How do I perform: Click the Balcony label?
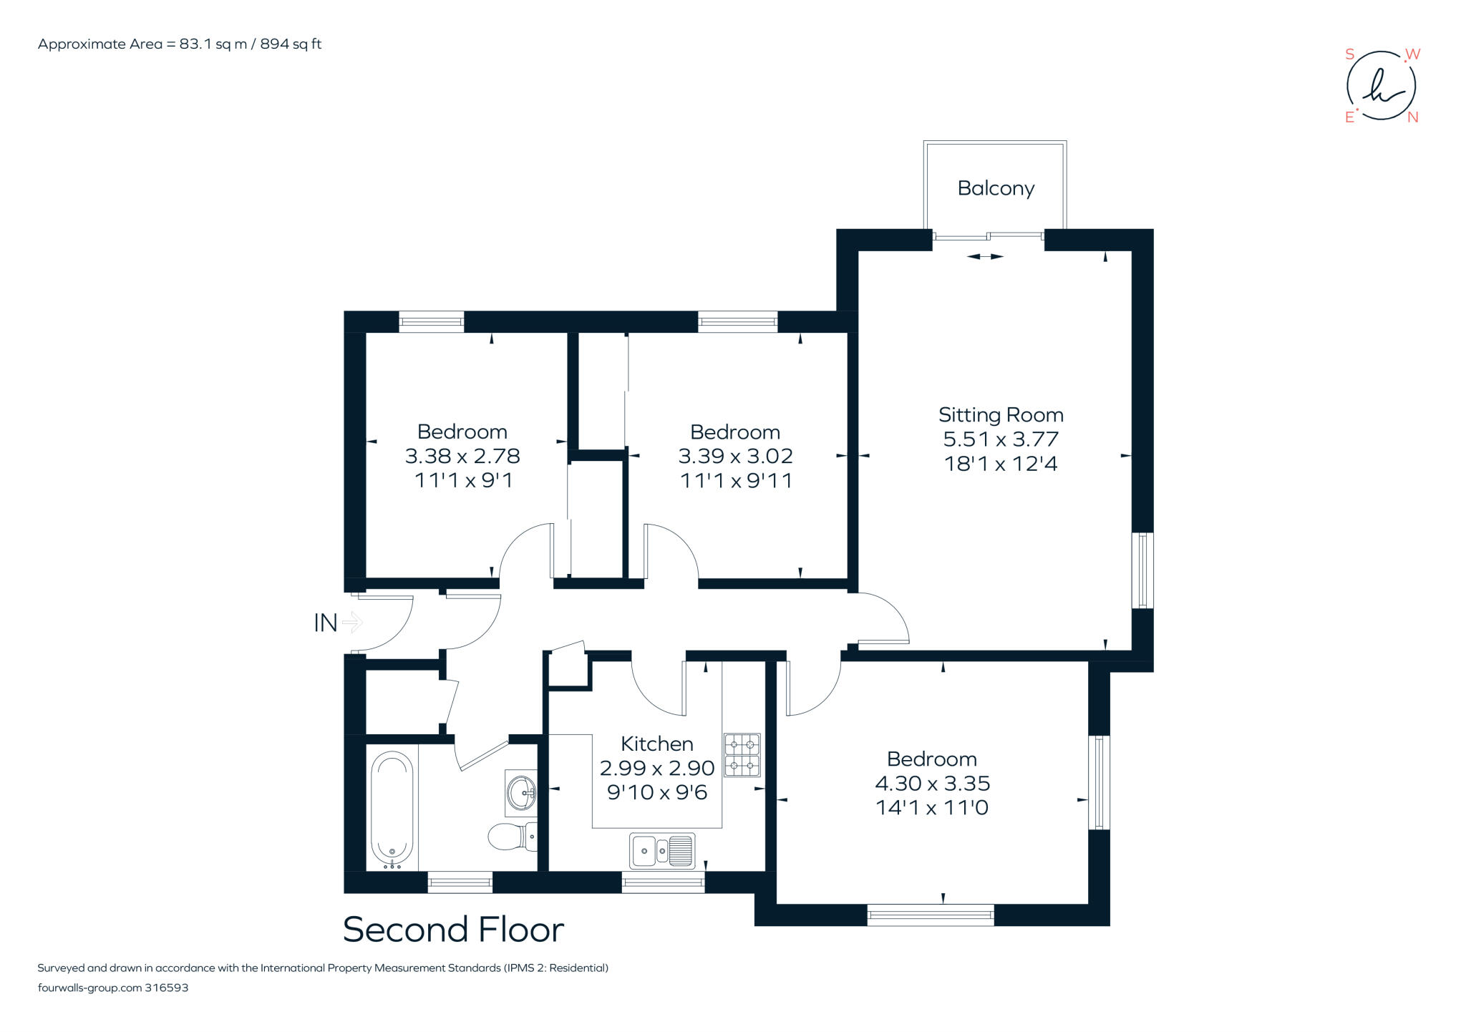tap(996, 188)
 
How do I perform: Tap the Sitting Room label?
tap(1001, 415)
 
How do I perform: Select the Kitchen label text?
tap(656, 744)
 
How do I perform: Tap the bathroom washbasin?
tap(521, 793)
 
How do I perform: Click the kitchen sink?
tap(662, 850)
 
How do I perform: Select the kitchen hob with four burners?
tap(742, 755)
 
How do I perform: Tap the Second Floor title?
tap(453, 930)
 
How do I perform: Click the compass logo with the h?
tap(1382, 87)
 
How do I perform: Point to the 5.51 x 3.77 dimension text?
tap(1001, 439)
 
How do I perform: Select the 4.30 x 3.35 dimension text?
tap(932, 784)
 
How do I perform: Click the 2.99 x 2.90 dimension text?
tap(657, 769)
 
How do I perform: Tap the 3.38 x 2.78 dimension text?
tap(462, 456)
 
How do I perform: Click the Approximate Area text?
tap(180, 44)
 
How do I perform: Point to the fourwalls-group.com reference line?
tap(113, 988)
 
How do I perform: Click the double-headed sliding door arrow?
tap(985, 256)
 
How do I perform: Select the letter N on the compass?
tap(1412, 117)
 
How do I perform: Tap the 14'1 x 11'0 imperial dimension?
tap(932, 808)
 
